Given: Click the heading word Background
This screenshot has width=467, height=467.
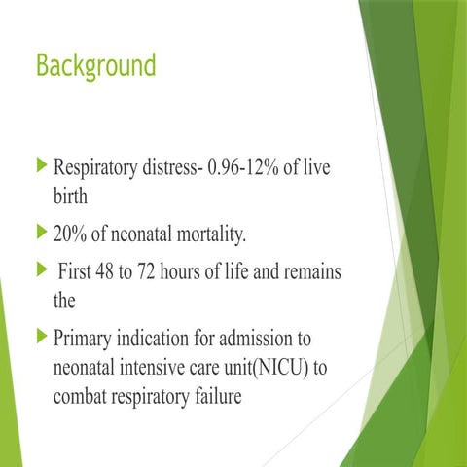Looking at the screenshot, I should point(94,66).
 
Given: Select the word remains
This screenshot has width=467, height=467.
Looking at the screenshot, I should point(310,273).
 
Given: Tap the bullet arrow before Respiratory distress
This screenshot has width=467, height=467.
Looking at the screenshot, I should point(40,167).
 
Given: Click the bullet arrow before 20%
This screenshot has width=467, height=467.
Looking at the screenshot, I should point(40,233).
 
